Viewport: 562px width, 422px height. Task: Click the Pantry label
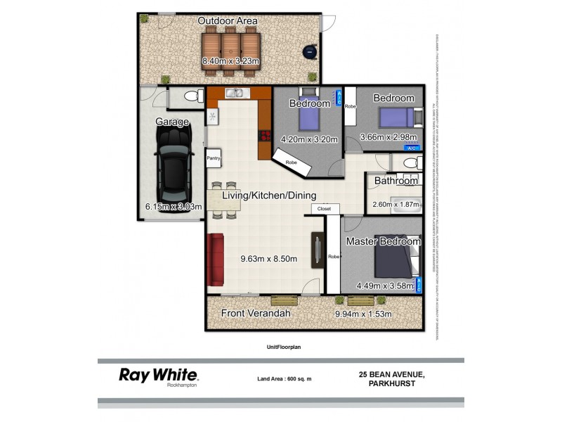pos(214,158)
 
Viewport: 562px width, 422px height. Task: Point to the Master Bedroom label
pos(383,241)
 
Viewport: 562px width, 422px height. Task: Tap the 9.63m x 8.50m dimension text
pos(268,259)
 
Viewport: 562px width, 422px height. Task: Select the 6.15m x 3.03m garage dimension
pos(174,207)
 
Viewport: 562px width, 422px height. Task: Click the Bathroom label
pos(396,181)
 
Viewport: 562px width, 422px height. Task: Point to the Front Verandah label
pos(256,313)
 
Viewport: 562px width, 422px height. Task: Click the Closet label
pos(324,209)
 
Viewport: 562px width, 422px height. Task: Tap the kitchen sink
pos(234,94)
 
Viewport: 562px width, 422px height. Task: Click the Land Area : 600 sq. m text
pos(284,379)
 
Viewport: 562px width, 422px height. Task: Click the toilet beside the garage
pos(189,97)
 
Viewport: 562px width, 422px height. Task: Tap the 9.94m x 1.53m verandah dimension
pos(362,314)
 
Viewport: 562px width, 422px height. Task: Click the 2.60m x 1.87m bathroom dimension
pos(396,205)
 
